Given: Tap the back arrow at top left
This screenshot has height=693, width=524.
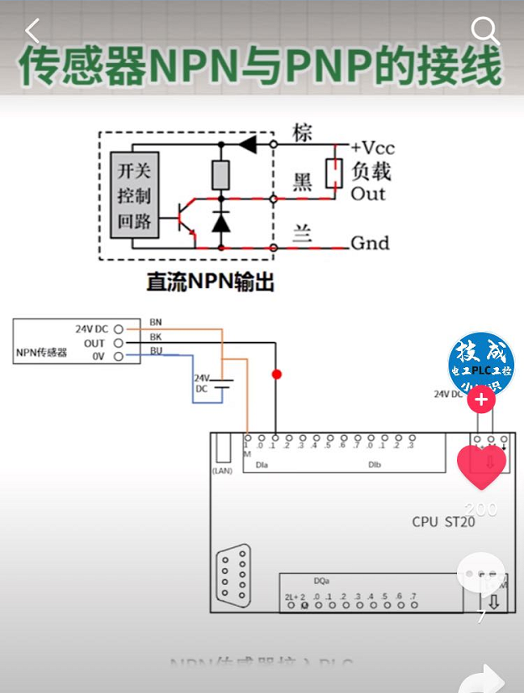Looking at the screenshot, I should tap(33, 31).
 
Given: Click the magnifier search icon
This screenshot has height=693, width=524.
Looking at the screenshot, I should tap(485, 31).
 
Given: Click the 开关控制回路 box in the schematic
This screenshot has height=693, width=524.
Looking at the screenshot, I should tap(133, 196).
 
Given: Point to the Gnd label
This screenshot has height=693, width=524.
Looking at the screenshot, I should tap(370, 243).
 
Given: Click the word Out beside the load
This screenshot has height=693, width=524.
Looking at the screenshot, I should tap(368, 194).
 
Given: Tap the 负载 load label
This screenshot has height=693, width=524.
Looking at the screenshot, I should tap(371, 171).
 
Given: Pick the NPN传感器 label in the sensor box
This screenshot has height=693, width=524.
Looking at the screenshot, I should tap(41, 352).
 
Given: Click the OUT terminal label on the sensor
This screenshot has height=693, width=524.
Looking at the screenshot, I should tap(95, 343).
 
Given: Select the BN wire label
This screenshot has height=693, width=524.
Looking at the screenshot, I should tap(156, 322).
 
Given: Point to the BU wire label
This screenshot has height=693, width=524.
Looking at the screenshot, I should tap(156, 350).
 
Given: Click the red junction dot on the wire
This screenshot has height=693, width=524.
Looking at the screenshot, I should tap(276, 373).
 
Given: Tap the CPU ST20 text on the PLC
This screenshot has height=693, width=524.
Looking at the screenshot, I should tap(443, 521).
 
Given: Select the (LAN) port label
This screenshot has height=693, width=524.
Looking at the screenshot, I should tap(222, 471).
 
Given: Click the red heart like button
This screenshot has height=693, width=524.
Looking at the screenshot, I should tap(481, 466).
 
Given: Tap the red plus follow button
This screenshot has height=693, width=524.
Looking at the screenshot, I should tap(481, 400).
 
